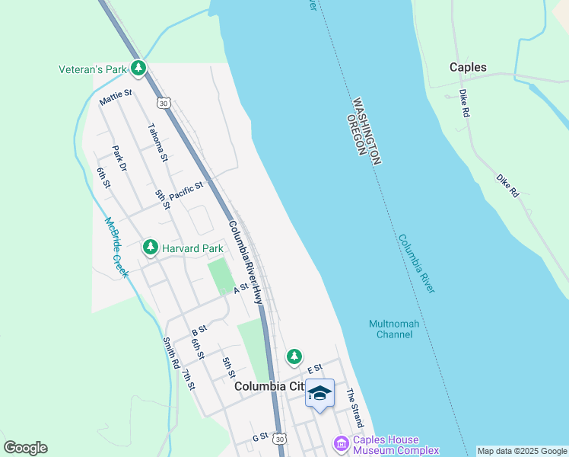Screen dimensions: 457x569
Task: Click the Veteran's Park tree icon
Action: tap(138, 69)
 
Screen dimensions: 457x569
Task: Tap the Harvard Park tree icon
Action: tap(151, 248)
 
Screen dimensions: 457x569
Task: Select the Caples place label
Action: tap(468, 67)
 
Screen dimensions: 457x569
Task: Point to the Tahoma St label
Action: tap(158, 142)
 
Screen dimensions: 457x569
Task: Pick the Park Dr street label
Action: tap(119, 158)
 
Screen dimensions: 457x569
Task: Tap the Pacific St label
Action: tap(186, 190)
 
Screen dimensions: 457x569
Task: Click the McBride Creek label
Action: tap(116, 248)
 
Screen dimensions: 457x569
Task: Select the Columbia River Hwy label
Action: tap(246, 263)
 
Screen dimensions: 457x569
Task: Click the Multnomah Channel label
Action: tap(394, 329)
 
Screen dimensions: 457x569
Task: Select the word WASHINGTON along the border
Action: tap(366, 130)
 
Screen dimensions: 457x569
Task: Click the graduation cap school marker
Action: tap(320, 393)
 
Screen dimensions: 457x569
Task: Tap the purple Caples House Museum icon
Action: tap(340, 443)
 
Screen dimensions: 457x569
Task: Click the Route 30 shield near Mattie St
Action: tap(163, 102)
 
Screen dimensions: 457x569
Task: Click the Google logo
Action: tap(25, 448)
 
